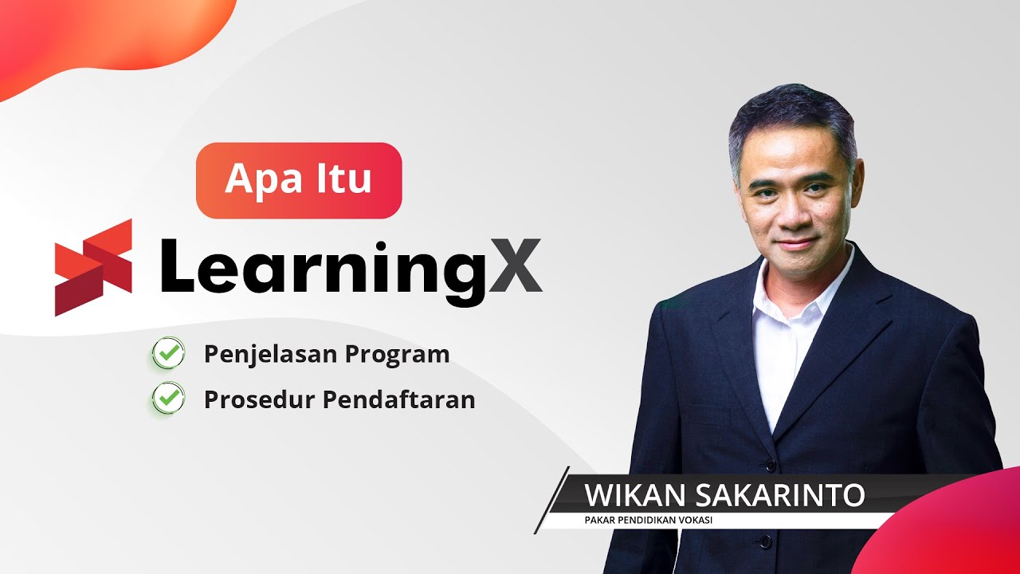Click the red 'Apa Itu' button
pos(299,180)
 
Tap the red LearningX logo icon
pos(93,268)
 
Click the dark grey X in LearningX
pos(515,266)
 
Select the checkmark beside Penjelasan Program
pos(168,353)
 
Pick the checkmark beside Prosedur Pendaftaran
pos(168,399)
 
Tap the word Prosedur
pos(259,399)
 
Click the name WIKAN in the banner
pos(634,495)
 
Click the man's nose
pos(791,214)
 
